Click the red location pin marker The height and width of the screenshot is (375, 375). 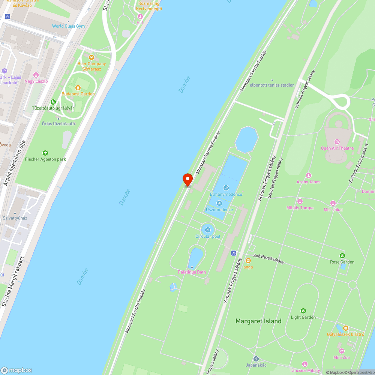coord(187,180)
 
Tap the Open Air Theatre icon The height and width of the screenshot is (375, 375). coord(337,142)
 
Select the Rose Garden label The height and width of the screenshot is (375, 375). coord(342,262)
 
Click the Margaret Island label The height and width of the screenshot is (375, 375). coord(258,321)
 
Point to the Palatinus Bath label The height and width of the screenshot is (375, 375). coord(192,272)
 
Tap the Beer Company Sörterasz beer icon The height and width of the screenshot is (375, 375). coord(91,57)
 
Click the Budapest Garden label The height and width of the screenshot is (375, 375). coord(78,94)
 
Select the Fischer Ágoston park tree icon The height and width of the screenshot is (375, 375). coord(45,153)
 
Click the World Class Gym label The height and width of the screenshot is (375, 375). coord(68,26)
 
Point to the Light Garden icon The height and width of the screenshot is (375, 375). coord(303,311)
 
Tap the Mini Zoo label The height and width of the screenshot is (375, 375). coord(341,357)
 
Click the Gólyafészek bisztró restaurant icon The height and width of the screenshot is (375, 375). coord(346,328)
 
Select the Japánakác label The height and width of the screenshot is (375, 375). coord(256,365)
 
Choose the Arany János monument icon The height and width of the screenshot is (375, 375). coord(309,175)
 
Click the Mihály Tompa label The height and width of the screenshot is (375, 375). coord(300,208)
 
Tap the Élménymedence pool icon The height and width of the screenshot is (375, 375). coord(226,187)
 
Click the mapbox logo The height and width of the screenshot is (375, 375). coord(16,370)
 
